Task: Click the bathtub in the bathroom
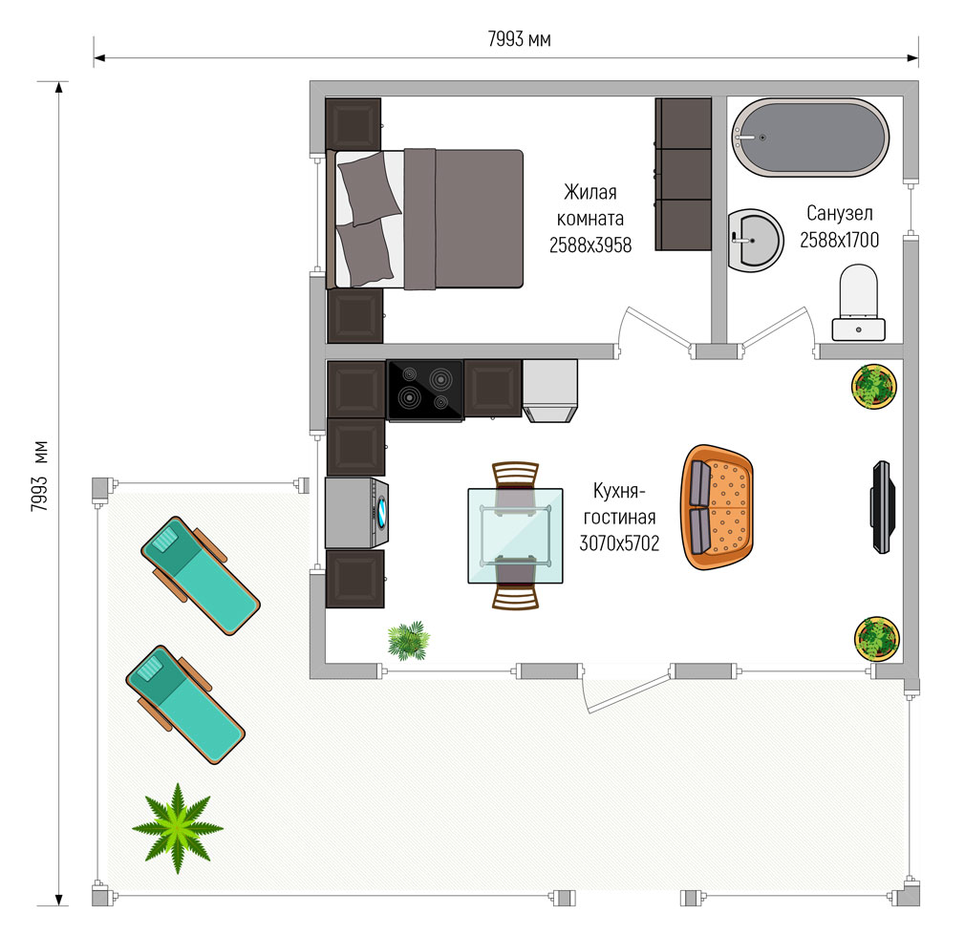810,138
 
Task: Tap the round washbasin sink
755,241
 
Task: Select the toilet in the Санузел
859,303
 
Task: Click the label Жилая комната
590,204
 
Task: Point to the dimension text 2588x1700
840,240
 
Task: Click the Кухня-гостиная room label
619,504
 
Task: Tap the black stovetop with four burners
425,391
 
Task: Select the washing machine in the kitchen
357,513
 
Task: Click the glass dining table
515,535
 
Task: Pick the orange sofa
717,507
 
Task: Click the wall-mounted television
882,507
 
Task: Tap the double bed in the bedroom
424,219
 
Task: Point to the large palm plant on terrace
178,828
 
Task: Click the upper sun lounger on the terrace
201,575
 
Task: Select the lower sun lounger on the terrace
185,704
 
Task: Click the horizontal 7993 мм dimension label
519,39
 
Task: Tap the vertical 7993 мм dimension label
39,476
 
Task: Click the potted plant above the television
874,386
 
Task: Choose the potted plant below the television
877,639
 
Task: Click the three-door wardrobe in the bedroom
683,174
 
